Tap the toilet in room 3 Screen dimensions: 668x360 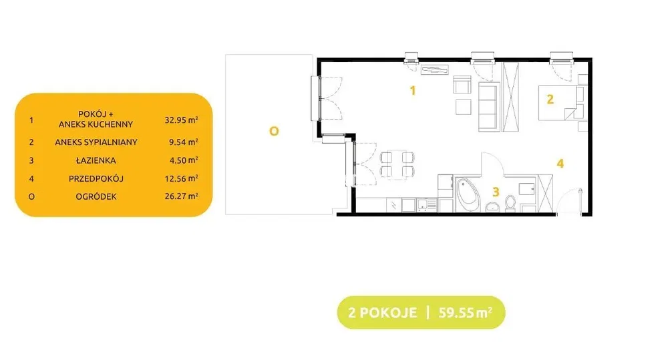coord(510,204)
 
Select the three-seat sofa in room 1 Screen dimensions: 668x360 coord(489,107)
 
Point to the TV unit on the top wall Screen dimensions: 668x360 coord(435,70)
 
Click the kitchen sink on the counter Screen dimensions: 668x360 coord(426,205)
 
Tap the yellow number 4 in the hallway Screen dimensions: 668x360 coord(560,163)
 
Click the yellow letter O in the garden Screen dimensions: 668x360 coord(274,131)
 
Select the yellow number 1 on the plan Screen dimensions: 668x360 coord(412,90)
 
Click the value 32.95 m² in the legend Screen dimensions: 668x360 coord(182,120)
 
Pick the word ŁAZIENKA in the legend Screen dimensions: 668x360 coord(96,160)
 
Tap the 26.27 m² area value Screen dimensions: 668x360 coord(182,196)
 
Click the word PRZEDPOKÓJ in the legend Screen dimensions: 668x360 coord(96,178)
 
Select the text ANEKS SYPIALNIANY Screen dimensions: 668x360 coord(96,142)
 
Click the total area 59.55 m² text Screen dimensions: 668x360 coord(465,313)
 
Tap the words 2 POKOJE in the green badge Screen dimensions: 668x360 coord(382,313)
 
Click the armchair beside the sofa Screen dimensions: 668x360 coord(462,85)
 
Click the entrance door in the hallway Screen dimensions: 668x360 coord(569,200)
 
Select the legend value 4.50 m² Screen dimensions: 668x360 coord(183,160)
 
